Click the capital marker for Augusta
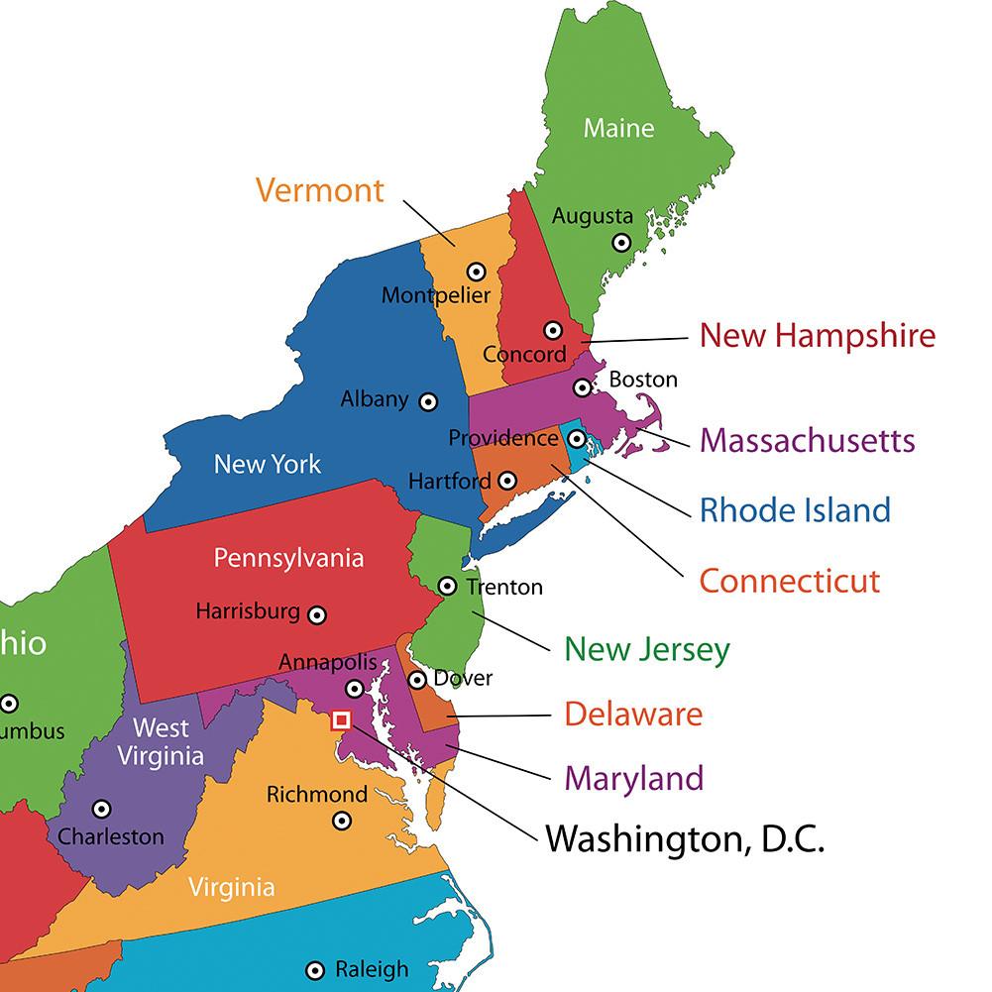(621, 242)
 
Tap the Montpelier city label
(436, 295)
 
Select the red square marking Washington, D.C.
(342, 720)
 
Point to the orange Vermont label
(319, 189)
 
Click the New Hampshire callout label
(817, 335)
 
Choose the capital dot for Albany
(428, 401)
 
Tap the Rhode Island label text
(795, 510)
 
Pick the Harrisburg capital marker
(317, 614)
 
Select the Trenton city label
(504, 588)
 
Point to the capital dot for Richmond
(342, 820)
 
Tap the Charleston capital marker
(101, 809)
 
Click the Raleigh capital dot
(315, 970)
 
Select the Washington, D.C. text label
(685, 840)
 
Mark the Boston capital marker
(583, 387)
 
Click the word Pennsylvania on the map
(288, 558)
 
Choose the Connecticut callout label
(789, 580)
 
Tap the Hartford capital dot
(507, 481)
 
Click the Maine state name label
(618, 128)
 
